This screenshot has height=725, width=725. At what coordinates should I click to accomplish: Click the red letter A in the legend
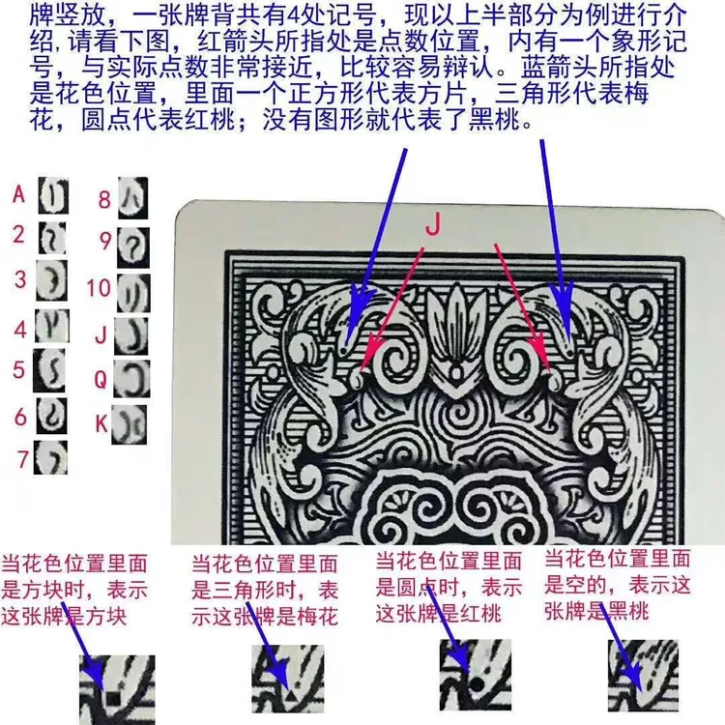[18, 194]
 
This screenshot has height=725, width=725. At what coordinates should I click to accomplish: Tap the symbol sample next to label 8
[133, 198]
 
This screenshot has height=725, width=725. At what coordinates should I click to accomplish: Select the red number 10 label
[99, 288]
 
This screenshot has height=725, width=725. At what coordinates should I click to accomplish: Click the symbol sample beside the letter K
[129, 424]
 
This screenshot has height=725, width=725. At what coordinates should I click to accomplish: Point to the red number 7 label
[23, 459]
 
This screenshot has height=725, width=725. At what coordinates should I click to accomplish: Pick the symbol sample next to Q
[131, 379]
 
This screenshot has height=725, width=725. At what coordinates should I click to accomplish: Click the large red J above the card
[433, 225]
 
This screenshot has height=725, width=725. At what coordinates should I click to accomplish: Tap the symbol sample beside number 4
[52, 326]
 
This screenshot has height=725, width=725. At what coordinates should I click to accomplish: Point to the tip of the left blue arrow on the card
[348, 344]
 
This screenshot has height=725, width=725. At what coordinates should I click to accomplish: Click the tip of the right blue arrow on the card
[568, 343]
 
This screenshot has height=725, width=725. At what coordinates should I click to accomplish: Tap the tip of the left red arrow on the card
[362, 371]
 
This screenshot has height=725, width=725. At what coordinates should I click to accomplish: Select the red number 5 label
[18, 370]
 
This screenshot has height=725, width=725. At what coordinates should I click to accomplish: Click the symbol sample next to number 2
[52, 238]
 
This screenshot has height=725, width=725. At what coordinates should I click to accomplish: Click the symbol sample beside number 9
[133, 247]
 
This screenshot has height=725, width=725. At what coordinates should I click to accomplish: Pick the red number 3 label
[20, 279]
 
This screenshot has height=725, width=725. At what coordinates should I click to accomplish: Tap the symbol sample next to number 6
[51, 416]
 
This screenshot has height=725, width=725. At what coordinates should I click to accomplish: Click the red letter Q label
[101, 380]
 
